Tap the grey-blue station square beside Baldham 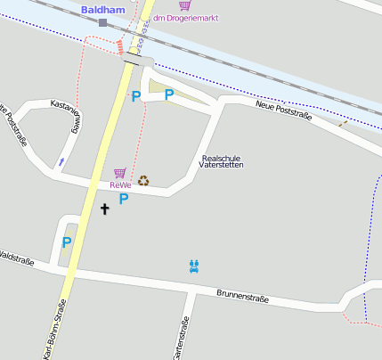point(103,22)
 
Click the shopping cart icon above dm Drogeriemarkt point(184,6)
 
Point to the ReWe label point(120,185)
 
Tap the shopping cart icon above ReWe point(119,173)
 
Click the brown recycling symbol point(143,181)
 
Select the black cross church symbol point(104,209)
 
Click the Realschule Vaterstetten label point(220,161)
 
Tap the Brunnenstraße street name point(242,295)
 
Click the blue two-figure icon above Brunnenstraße point(194,266)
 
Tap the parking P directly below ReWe point(124,199)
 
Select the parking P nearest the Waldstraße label point(66,241)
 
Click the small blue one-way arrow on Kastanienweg point(61,161)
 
